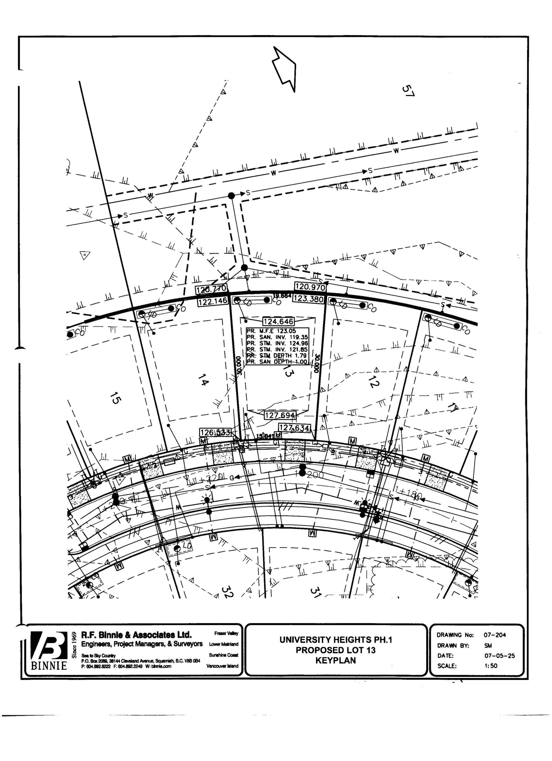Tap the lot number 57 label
(x=408, y=91)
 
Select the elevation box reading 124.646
(x=278, y=321)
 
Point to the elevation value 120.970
(x=310, y=287)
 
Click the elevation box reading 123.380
(x=308, y=299)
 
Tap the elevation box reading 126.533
(x=215, y=432)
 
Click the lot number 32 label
(x=227, y=592)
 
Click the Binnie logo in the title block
(x=49, y=650)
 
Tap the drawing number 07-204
(x=495, y=635)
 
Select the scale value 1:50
(x=491, y=666)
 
